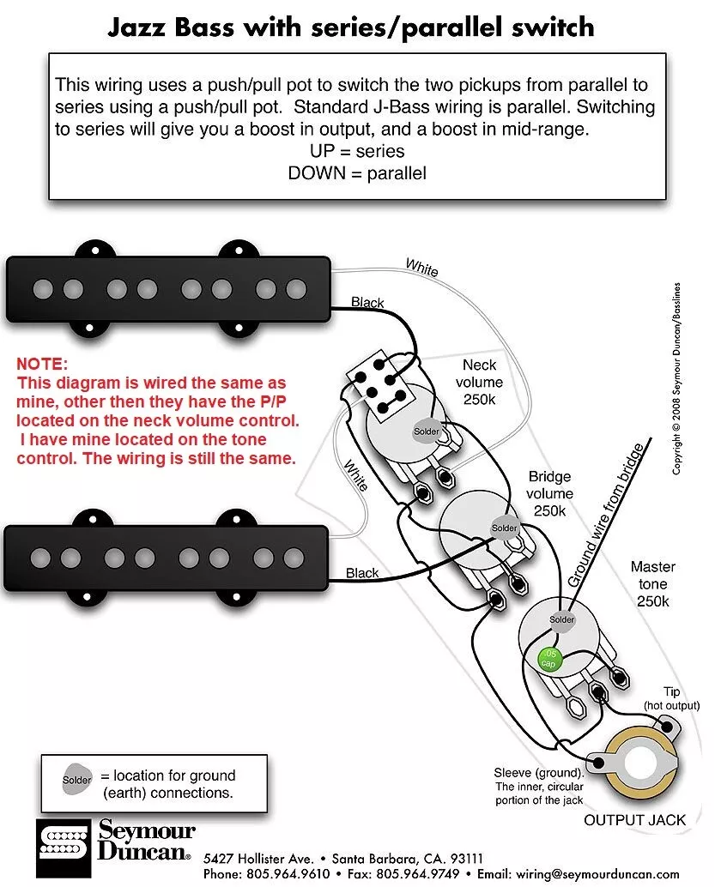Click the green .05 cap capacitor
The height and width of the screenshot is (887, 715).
(547, 659)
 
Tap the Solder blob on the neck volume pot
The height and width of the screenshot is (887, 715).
(426, 431)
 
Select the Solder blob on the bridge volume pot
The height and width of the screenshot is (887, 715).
(504, 527)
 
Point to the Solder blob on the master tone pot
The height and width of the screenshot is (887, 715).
(562, 619)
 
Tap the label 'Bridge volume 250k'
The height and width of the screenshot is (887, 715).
(549, 493)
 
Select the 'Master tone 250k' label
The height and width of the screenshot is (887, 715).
(653, 583)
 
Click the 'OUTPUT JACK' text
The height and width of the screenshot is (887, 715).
(634, 820)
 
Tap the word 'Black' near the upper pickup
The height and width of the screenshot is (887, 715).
(367, 303)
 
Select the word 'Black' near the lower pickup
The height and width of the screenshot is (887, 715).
(362, 573)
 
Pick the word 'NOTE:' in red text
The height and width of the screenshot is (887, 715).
(41, 365)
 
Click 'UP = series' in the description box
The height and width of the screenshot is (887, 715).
(357, 151)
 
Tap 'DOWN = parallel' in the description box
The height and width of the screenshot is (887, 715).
(357, 172)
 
